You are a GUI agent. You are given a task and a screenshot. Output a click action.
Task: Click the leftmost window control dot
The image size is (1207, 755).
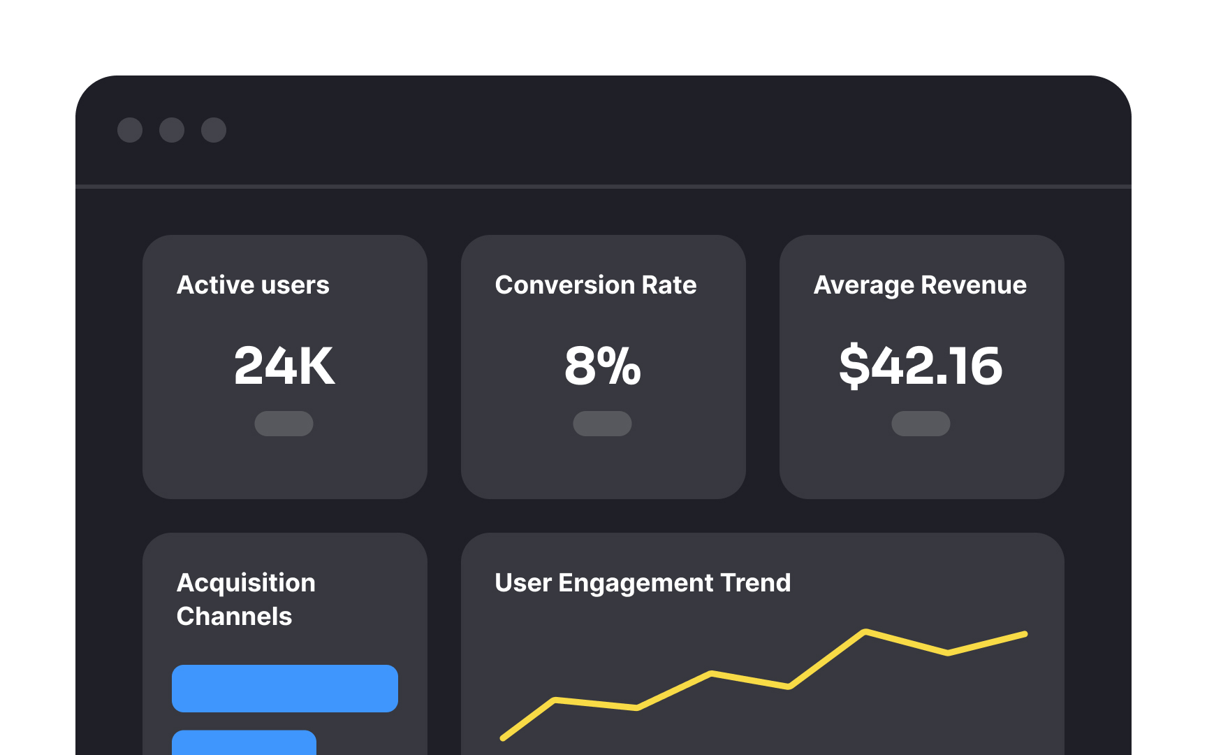pyautogui.click(x=130, y=130)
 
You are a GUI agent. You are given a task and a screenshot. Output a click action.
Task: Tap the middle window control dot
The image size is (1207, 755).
pyautogui.click(x=172, y=130)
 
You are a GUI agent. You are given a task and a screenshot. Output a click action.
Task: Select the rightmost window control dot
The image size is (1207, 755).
pyautogui.click(x=214, y=130)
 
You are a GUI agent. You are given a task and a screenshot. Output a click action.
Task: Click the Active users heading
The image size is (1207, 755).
pyautogui.click(x=253, y=285)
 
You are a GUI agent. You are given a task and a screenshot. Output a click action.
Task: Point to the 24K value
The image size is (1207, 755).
pyautogui.click(x=284, y=366)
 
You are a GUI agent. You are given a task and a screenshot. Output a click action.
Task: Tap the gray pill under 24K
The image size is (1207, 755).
pyautogui.click(x=284, y=424)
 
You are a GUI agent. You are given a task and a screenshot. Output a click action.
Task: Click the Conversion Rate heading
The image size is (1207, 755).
pyautogui.click(x=596, y=285)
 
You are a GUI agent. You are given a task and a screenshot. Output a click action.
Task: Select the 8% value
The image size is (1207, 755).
pyautogui.click(x=602, y=366)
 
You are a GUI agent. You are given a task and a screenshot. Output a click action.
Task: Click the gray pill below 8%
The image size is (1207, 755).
pyautogui.click(x=602, y=424)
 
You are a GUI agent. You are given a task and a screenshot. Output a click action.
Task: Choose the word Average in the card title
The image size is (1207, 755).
pyautogui.click(x=864, y=285)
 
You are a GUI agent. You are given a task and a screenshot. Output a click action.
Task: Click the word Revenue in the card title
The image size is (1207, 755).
pyautogui.click(x=974, y=285)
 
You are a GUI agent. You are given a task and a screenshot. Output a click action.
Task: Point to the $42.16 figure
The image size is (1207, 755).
pyautogui.click(x=921, y=366)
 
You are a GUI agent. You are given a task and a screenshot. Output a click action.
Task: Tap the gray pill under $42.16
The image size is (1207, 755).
pyautogui.click(x=921, y=424)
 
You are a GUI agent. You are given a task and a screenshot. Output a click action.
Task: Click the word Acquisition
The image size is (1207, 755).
pyautogui.click(x=246, y=583)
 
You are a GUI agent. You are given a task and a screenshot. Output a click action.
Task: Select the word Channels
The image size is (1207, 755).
pyautogui.click(x=234, y=617)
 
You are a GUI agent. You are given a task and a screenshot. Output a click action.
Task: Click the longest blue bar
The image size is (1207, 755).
pyautogui.click(x=285, y=689)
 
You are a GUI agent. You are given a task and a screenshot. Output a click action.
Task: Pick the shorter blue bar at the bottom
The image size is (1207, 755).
pyautogui.click(x=244, y=743)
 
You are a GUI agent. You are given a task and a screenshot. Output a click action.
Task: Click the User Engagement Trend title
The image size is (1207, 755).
pyautogui.click(x=643, y=583)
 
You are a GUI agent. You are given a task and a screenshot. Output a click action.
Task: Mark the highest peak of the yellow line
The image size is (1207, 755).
pyautogui.click(x=865, y=632)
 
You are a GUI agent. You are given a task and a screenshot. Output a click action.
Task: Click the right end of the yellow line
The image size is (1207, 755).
pyautogui.click(x=1025, y=634)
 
